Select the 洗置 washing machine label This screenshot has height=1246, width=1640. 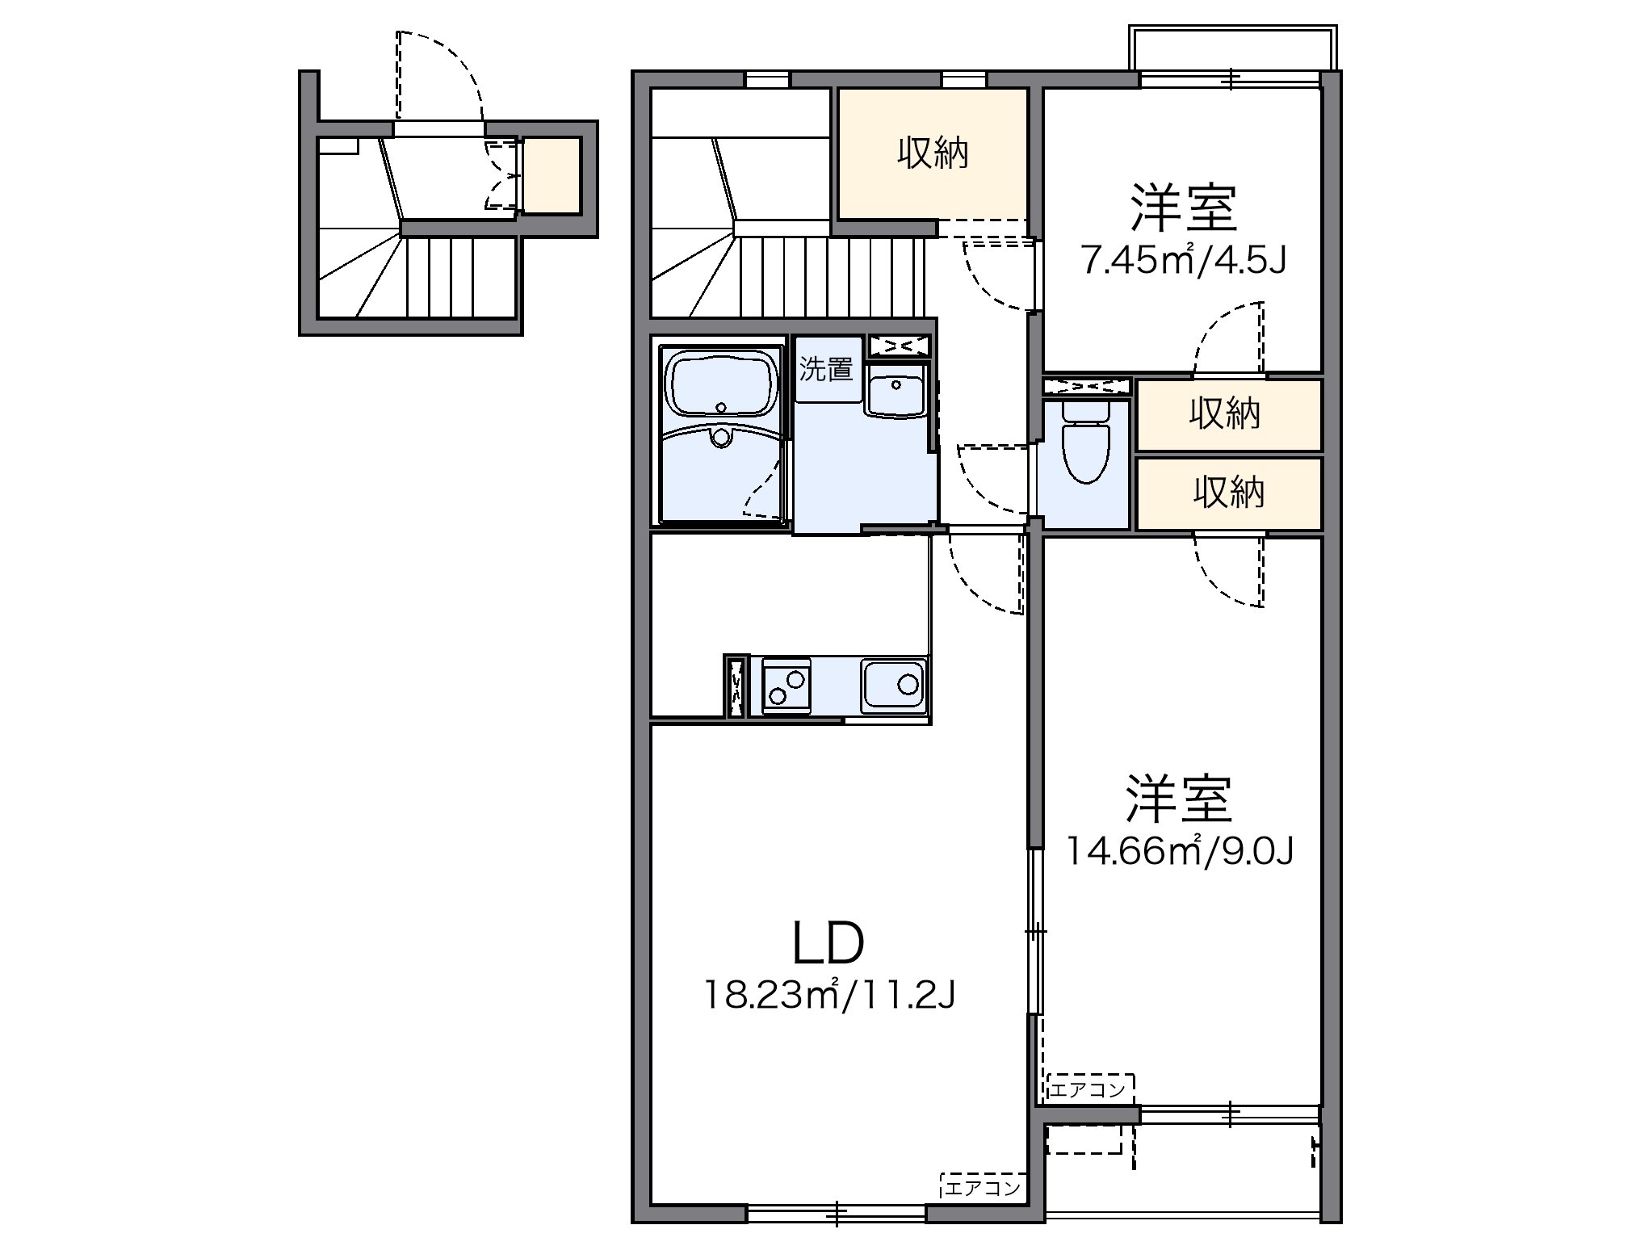826,370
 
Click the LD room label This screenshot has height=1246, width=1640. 828,944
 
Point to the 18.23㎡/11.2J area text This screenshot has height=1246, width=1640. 830,995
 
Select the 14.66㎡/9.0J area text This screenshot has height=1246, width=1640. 1181,850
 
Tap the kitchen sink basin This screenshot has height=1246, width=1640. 894,686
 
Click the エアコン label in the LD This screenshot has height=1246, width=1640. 983,1189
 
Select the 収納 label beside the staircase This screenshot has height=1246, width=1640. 933,153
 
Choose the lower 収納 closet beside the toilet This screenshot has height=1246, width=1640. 1227,493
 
